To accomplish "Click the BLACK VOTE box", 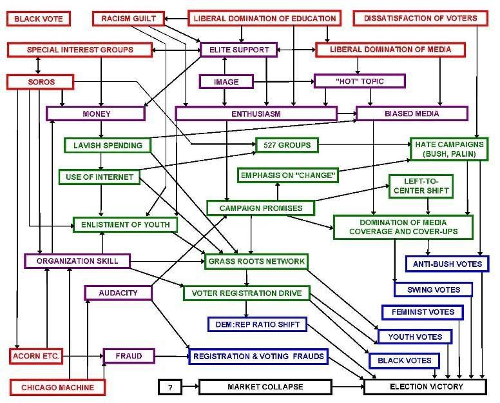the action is click(38, 19).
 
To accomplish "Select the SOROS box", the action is click(41, 82).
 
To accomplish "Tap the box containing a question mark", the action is click(170, 387).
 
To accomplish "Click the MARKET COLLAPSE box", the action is click(265, 387).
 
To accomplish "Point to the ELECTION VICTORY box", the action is click(425, 387).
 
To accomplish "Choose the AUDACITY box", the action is click(119, 293).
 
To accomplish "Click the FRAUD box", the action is click(129, 356).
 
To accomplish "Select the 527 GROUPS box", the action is click(287, 145).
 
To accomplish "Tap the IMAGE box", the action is click(226, 82).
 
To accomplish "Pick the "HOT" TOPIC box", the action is click(360, 81).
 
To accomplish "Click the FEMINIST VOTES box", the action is click(423, 312).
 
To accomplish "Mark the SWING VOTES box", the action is click(434, 290).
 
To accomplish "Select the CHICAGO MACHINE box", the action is click(57, 388).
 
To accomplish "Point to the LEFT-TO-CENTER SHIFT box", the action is click(421, 186).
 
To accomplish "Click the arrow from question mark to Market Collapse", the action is click(190, 387).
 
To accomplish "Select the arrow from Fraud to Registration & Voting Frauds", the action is click(172, 356).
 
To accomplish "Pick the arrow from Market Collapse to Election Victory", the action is click(348, 387).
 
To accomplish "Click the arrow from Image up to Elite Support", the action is click(225, 66).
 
